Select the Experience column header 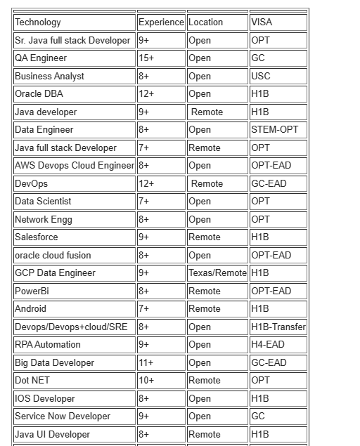click(161, 22)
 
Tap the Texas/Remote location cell click(217, 273)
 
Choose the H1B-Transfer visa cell click(278, 327)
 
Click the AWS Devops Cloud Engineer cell click(74, 166)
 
